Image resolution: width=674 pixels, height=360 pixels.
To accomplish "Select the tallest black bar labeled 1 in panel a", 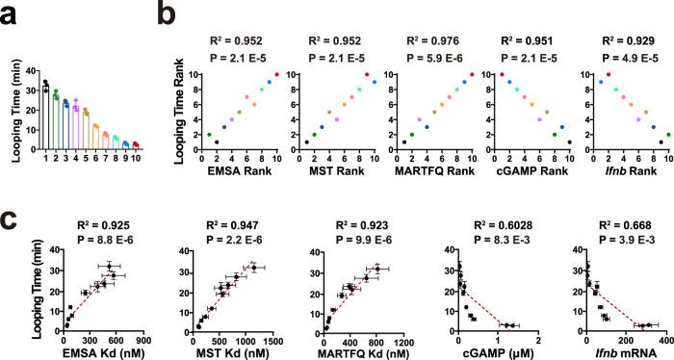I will tap(45, 116).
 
